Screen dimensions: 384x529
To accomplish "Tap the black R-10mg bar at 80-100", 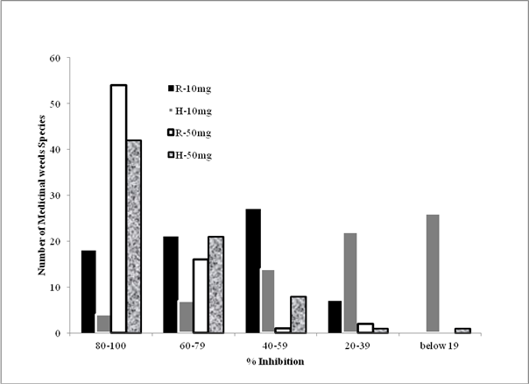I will coord(88,292).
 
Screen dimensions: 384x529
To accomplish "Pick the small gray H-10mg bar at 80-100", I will coord(103,324).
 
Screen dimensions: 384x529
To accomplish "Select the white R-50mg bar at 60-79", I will coord(201,296).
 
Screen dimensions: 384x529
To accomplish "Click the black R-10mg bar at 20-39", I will coord(335,316).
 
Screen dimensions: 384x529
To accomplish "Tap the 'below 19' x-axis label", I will coord(440,345).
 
